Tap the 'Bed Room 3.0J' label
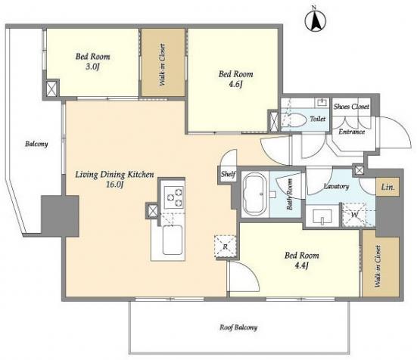pos(92,61)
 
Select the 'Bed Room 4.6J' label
pos(235,79)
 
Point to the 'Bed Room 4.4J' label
pos(301,260)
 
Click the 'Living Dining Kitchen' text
pos(114,175)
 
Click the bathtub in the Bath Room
pos(254,194)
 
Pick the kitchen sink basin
pos(173,240)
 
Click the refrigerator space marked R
pos(225,247)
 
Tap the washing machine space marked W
pos(354,215)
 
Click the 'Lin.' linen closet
pos(387,187)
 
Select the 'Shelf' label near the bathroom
pos(229,174)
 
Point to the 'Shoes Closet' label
pos(351,107)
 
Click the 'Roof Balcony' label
pos(238,327)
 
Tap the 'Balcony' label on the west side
pos(36,144)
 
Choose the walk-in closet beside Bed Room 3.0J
pos(163,63)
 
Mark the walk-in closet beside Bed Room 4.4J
pos(381,266)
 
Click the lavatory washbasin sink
pos(322,216)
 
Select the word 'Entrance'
pos(352,132)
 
